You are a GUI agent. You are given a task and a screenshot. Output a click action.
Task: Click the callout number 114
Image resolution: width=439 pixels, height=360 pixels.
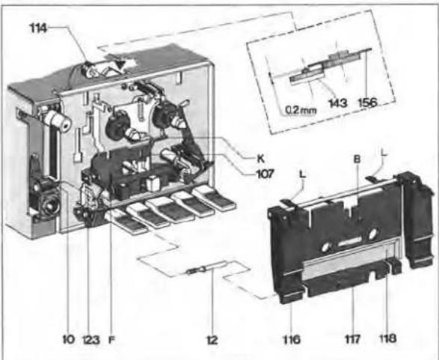[39, 28]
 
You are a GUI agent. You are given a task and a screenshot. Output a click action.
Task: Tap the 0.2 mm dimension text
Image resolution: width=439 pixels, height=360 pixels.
[301, 110]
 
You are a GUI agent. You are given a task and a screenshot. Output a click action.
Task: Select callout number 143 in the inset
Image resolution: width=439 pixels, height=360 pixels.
[338, 103]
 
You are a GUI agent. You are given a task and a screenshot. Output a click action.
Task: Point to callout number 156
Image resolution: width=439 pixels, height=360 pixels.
[368, 103]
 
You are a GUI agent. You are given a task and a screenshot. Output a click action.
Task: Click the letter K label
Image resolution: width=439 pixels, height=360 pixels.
[261, 159]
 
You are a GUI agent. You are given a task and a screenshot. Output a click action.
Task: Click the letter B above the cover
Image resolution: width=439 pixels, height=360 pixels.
[357, 159]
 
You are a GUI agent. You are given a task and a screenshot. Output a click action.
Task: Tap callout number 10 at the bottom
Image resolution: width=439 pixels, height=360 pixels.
[68, 340]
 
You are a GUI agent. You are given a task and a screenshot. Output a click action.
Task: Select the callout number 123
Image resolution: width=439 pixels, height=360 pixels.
[91, 340]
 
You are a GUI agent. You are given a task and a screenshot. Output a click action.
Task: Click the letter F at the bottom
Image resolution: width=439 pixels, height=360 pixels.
[111, 340]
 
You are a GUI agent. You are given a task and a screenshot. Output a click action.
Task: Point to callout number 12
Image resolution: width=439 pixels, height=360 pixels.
[212, 340]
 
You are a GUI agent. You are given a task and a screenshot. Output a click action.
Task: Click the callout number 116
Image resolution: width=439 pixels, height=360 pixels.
[292, 340]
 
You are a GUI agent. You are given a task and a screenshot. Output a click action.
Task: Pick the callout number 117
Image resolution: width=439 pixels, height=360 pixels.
[352, 340]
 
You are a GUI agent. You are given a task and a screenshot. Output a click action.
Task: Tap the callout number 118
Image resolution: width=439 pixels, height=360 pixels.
[387, 338]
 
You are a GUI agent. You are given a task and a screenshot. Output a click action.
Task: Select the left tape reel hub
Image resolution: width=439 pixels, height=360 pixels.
[117, 125]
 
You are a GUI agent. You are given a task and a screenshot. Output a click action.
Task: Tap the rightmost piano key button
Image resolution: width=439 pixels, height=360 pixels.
[214, 198]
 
